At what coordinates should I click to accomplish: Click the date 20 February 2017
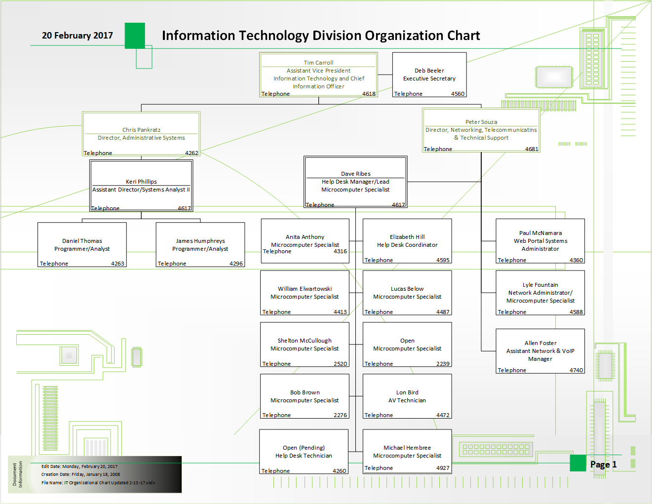point(77,36)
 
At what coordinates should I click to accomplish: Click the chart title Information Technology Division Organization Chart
point(321,36)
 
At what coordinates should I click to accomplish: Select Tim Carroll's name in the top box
point(318,63)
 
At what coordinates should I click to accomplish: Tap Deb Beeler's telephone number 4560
point(458,94)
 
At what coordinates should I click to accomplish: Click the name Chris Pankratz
point(141,130)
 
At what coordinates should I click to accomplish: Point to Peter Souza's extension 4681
point(532,149)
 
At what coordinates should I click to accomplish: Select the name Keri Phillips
point(141,182)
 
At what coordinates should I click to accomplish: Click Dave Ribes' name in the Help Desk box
point(355,174)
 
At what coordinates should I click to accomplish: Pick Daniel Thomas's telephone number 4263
point(117,264)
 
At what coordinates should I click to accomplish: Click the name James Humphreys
point(200,241)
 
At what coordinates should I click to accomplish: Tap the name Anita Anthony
point(305,237)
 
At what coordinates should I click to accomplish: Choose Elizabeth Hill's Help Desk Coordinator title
point(407,245)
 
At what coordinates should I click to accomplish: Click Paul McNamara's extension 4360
point(576,260)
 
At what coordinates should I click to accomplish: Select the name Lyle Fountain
point(540,285)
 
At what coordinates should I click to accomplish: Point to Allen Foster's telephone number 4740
point(576,370)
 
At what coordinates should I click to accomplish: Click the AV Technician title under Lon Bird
point(407,400)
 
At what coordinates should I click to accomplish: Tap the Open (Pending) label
point(304,448)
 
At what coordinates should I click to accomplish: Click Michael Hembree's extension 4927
point(443,468)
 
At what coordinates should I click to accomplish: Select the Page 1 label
point(603,465)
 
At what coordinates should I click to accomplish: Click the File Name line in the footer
point(98,483)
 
